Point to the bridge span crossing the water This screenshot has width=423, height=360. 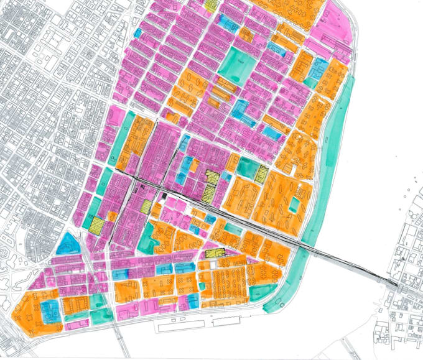pos(348,261)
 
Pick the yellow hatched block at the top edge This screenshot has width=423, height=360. pos(211,4)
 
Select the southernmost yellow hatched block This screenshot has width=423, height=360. pos(215,253)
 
